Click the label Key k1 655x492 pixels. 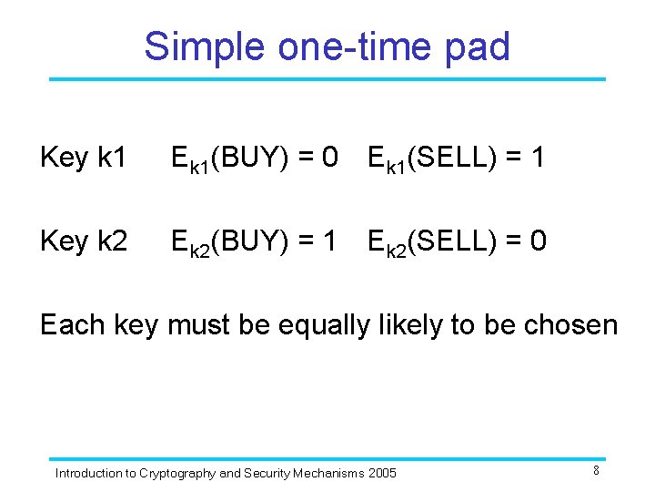coord(84,158)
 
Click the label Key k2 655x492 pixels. coord(84,241)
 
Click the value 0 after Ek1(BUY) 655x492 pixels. coord(329,158)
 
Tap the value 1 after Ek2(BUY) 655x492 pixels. coord(329,241)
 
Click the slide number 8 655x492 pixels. coord(596,470)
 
